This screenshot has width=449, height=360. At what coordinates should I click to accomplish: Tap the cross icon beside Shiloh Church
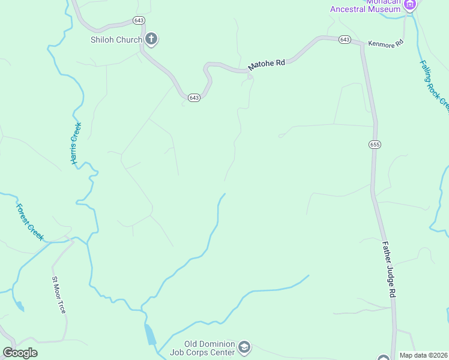point(151,40)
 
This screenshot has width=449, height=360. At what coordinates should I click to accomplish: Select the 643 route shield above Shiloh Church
point(139,21)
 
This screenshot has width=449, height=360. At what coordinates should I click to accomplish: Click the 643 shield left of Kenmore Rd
point(345,40)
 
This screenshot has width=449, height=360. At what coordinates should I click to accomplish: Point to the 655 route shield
point(375,145)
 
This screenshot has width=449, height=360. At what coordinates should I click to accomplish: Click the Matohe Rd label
point(266,66)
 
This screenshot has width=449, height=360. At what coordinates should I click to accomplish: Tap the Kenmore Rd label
point(385,44)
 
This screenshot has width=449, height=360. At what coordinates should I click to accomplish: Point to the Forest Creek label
point(30,223)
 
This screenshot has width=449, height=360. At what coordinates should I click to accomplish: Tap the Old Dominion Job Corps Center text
point(209,348)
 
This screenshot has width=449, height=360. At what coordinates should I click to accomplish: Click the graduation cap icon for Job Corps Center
point(244,347)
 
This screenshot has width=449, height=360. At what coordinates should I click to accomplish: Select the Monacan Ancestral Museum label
point(366,7)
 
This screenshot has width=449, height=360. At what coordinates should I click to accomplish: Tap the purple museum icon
point(410,5)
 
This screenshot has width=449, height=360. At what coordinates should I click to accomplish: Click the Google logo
point(20,353)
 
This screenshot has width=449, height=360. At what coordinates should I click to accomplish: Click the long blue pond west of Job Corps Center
point(150,334)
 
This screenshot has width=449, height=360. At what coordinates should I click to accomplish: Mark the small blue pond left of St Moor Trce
point(20,306)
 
